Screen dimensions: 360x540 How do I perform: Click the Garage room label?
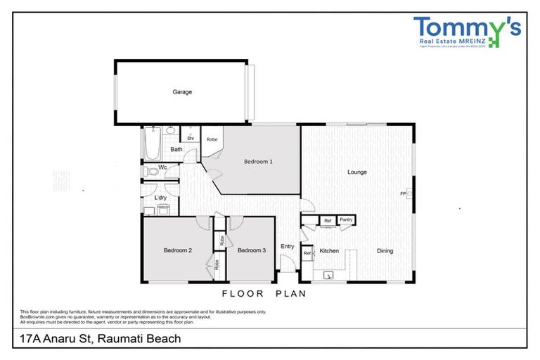click(x=182, y=91)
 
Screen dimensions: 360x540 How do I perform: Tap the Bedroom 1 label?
click(x=258, y=162)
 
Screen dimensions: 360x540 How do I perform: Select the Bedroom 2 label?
click(x=178, y=250)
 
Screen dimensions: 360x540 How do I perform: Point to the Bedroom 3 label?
click(x=251, y=250)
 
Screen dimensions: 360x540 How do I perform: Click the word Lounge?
click(x=357, y=172)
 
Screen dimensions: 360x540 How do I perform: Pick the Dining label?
click(x=384, y=250)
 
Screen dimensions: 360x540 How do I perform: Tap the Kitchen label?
click(x=330, y=250)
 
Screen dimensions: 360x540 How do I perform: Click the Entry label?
click(x=288, y=246)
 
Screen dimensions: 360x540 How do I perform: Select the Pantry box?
click(x=345, y=220)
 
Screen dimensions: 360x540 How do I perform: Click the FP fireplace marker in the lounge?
click(x=404, y=193)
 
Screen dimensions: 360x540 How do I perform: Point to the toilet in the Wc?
click(x=149, y=170)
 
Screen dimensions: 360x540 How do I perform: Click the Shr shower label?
click(x=190, y=139)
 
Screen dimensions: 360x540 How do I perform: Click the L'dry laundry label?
click(x=160, y=198)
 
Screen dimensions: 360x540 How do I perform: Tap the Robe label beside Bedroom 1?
click(x=212, y=139)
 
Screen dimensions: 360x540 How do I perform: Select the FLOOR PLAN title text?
click(x=264, y=294)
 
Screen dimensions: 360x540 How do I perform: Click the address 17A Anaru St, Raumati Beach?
click(x=97, y=339)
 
